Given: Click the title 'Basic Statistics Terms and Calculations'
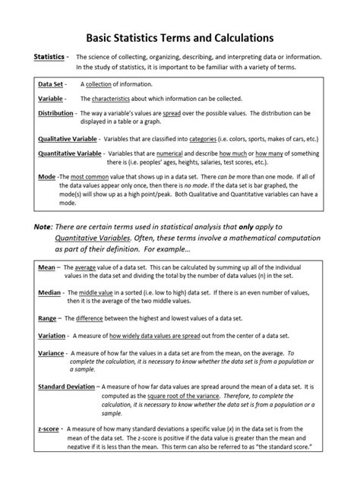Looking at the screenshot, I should (179, 36).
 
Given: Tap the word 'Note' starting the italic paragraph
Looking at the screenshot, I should (43, 227).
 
